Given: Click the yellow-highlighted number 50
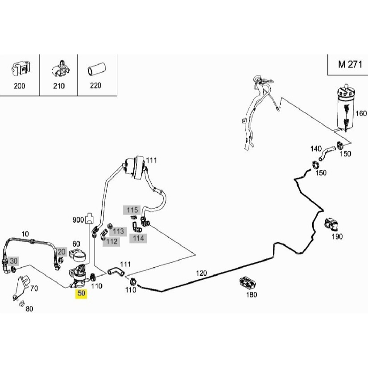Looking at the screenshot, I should pyautogui.click(x=81, y=294).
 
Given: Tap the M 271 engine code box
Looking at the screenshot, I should pyautogui.click(x=347, y=64).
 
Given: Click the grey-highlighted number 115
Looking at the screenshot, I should pyautogui.click(x=132, y=210).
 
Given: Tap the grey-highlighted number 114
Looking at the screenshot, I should pyautogui.click(x=138, y=238).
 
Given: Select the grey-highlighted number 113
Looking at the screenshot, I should pyautogui.click(x=118, y=231).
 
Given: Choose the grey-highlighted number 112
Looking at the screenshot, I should pyautogui.click(x=112, y=241).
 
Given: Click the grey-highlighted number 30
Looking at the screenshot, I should pyautogui.click(x=14, y=261).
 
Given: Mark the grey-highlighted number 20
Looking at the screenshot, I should pyautogui.click(x=61, y=252).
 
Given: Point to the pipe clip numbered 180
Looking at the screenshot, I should pyautogui.click(x=247, y=281).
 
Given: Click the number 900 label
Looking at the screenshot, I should pyautogui.click(x=79, y=220).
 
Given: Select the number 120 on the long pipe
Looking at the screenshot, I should pyautogui.click(x=202, y=273).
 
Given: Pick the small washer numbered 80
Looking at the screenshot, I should pyautogui.click(x=21, y=304).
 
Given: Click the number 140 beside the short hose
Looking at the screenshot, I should pyautogui.click(x=316, y=148).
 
